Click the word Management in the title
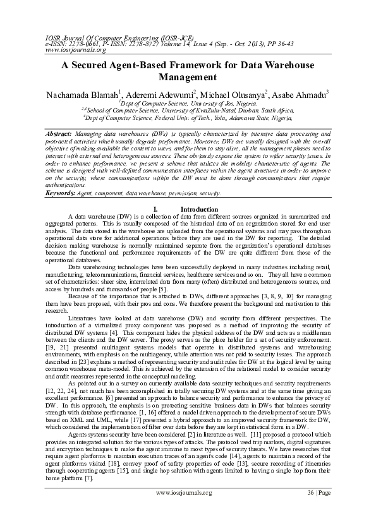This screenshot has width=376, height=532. tap(188, 78)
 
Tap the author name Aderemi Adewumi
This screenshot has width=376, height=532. tap(167, 95)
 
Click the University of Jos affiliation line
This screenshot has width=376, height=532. tap(188, 102)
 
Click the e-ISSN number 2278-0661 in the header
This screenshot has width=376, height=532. tap(85, 44)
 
